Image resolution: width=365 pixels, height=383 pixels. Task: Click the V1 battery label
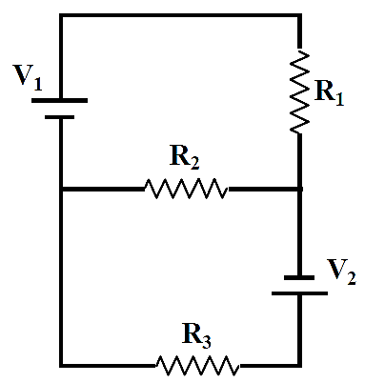pyautogui.click(x=28, y=78)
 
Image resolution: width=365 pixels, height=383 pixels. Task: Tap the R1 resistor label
pyautogui.click(x=329, y=92)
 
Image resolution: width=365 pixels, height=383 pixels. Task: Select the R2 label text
pyautogui.click(x=185, y=157)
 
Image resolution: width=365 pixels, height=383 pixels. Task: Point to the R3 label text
pyautogui.click(x=196, y=335)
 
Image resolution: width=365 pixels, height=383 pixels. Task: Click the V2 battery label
pyautogui.click(x=341, y=272)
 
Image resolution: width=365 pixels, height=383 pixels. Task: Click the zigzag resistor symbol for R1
pyautogui.click(x=299, y=91)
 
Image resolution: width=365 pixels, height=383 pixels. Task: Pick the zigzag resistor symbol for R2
pyautogui.click(x=187, y=189)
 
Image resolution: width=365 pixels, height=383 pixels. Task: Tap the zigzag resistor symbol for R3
pyautogui.click(x=197, y=366)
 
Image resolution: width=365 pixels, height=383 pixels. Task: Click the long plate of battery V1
pyautogui.click(x=59, y=100)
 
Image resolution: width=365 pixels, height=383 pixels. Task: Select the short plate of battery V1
pyautogui.click(x=59, y=117)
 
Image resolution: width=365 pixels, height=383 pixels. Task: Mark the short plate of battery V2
pyautogui.click(x=299, y=277)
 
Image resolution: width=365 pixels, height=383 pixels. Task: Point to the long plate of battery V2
pyautogui.click(x=299, y=293)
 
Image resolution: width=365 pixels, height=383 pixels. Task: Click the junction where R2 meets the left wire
pyautogui.click(x=61, y=189)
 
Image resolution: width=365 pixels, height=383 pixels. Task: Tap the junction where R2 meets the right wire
pyautogui.click(x=299, y=189)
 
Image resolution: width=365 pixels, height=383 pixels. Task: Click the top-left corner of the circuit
pyautogui.click(x=61, y=15)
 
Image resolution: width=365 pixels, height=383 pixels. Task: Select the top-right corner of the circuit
pyautogui.click(x=299, y=15)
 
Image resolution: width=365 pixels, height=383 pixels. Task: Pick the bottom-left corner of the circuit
pyautogui.click(x=61, y=366)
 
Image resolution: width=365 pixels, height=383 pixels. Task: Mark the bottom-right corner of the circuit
pyautogui.click(x=299, y=366)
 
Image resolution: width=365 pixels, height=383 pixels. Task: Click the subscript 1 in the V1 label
pyautogui.click(x=38, y=84)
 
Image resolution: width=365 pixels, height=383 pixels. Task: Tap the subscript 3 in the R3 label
pyautogui.click(x=207, y=342)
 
